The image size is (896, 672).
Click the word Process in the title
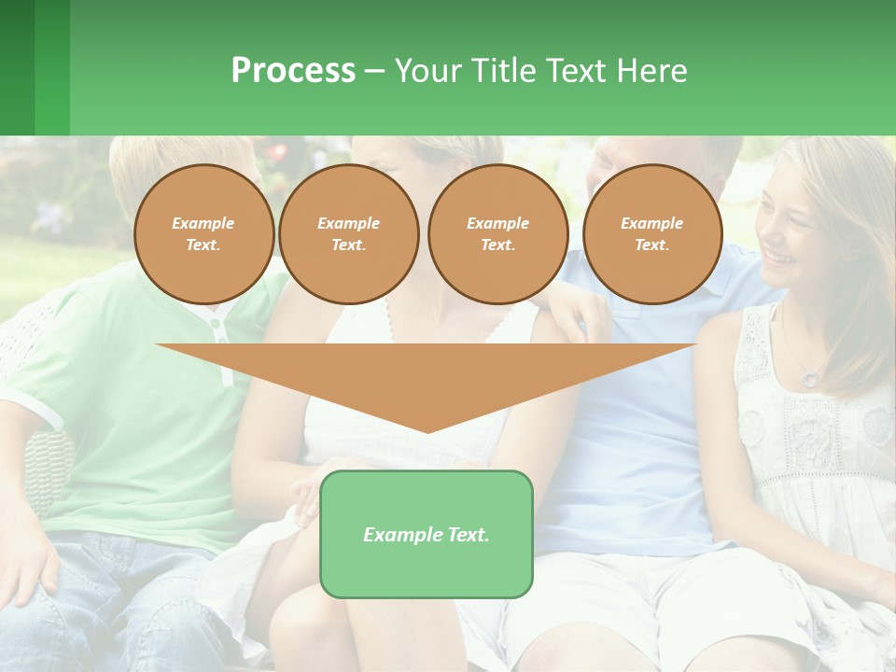click(x=293, y=70)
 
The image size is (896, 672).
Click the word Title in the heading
click(x=502, y=70)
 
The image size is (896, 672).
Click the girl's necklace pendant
click(x=810, y=378)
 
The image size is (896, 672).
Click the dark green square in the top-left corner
click(x=17, y=67)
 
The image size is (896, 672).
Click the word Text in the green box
click(x=469, y=535)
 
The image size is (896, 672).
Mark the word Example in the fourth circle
click(x=652, y=223)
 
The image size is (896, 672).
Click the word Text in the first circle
click(x=203, y=245)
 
